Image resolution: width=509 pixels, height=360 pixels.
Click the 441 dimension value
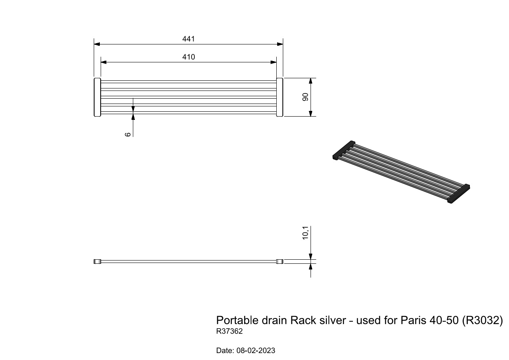pos(188,39)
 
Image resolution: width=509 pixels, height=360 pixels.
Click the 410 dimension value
pos(188,57)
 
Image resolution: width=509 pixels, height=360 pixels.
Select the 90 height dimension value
pos(305,97)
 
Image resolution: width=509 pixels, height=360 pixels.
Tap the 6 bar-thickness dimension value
pos(128,134)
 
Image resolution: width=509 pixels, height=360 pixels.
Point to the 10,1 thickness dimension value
pos(305,233)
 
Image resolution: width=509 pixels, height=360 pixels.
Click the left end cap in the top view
pos(97,97)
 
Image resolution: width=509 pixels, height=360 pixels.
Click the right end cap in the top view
pos(280,97)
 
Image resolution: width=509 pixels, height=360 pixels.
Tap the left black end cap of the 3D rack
pos(344,150)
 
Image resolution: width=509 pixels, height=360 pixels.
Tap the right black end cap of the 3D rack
pos(458,194)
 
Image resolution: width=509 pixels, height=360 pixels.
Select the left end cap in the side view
pos(97,262)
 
